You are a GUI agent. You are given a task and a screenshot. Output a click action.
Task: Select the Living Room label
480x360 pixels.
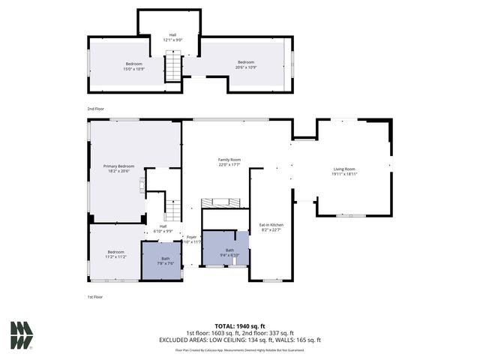click(344, 171)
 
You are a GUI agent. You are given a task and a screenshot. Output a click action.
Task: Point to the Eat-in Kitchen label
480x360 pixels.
click(271, 226)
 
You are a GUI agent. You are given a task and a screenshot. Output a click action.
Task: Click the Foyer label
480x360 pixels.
click(192, 239)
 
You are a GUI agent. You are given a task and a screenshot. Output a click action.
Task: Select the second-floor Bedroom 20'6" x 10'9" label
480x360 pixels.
click(247, 64)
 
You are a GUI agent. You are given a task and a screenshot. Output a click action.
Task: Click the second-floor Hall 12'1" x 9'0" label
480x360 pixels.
click(172, 37)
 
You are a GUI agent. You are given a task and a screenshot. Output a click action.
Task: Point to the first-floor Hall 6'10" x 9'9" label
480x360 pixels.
click(163, 228)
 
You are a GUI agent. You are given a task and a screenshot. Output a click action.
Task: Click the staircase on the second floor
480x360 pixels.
click(174, 66)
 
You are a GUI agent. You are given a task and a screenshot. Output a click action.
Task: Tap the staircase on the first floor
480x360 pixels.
click(174, 209)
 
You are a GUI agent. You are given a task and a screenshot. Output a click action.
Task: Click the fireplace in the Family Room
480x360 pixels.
click(221, 202)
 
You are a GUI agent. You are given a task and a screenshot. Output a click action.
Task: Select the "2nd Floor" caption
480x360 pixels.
click(95, 109)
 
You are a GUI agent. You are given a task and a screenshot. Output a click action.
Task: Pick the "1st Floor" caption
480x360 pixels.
click(95, 297)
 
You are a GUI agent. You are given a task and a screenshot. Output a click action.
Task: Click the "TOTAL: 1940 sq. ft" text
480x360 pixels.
click(241, 326)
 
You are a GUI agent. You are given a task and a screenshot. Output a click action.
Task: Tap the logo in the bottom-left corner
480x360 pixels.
click(21, 334)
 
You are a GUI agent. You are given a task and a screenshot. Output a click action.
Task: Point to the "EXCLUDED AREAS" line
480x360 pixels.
click(240, 340)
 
